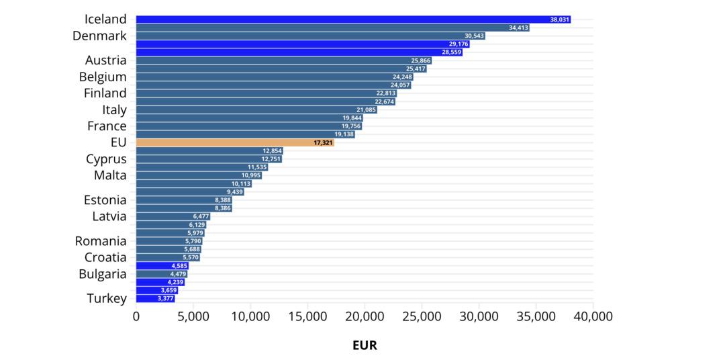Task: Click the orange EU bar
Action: (235, 142)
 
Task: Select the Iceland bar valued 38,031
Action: (353, 19)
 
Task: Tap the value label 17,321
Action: (323, 143)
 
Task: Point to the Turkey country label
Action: (107, 299)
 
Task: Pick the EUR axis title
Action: (365, 345)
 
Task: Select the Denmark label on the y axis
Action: (99, 36)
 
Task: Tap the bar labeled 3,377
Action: (155, 298)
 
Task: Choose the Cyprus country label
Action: (106, 159)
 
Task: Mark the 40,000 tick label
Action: (593, 316)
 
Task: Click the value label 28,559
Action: (452, 52)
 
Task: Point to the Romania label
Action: (101, 241)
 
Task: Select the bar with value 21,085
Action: (256, 109)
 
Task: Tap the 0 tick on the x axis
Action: (136, 316)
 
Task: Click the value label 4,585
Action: (179, 266)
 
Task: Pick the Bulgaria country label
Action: (103, 274)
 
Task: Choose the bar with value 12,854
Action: (209, 151)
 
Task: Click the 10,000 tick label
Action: (250, 316)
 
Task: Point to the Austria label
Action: (106, 60)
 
